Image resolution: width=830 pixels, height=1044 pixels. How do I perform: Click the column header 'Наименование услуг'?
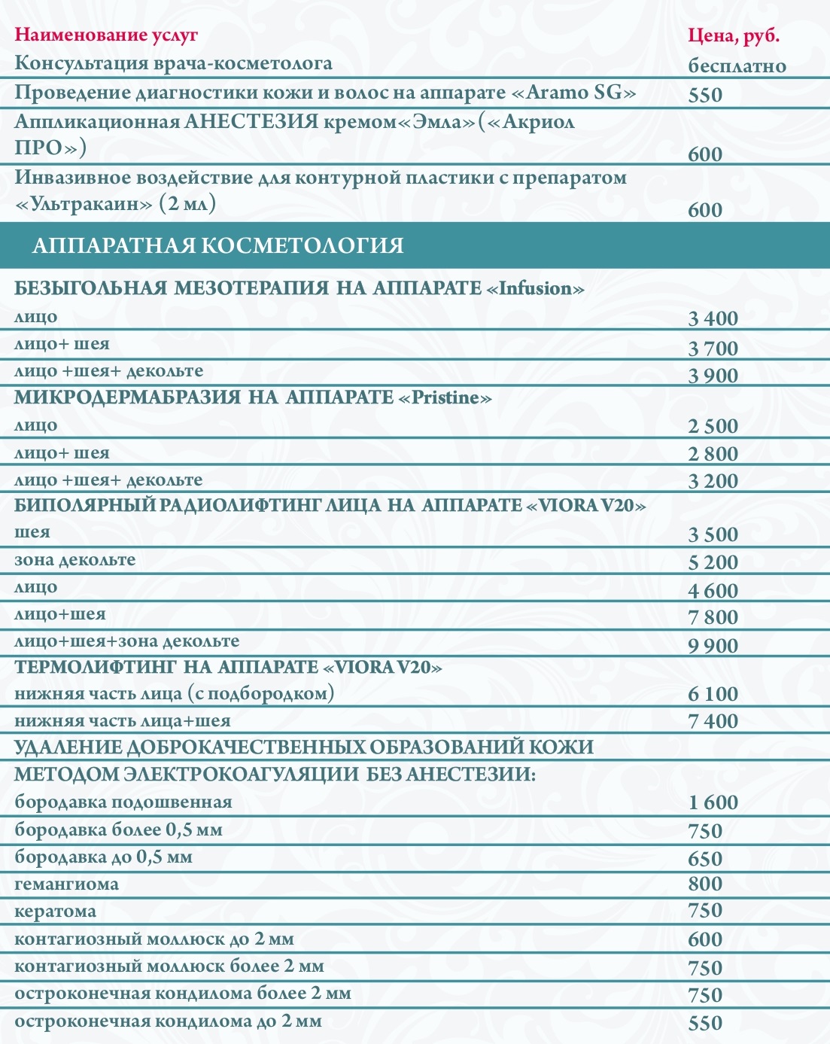(106, 35)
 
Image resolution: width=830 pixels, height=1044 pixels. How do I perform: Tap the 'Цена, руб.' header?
(734, 36)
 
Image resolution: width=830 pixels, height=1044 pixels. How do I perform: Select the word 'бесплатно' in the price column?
(737, 65)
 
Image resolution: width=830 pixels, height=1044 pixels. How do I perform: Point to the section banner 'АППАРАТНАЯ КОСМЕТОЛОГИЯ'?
(217, 245)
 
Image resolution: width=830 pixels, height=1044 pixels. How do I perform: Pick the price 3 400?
(713, 318)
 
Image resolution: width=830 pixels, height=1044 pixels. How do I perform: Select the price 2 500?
(713, 426)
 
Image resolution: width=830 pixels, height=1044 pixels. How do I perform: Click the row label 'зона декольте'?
(75, 560)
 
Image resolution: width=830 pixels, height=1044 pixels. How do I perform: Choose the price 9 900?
(713, 646)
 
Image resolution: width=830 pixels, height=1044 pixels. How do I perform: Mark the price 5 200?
(713, 562)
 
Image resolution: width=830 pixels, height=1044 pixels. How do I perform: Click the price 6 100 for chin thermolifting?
(713, 694)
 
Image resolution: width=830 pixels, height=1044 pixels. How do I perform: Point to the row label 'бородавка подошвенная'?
(123, 802)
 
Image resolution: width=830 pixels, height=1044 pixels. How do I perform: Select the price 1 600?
(713, 803)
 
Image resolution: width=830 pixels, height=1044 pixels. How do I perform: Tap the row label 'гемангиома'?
(67, 884)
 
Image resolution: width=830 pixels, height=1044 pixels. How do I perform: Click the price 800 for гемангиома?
(704, 884)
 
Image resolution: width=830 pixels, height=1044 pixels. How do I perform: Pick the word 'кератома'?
(56, 912)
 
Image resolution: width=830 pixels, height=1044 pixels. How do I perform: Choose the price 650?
(704, 859)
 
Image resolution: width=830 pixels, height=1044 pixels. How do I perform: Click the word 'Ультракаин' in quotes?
(90, 204)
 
